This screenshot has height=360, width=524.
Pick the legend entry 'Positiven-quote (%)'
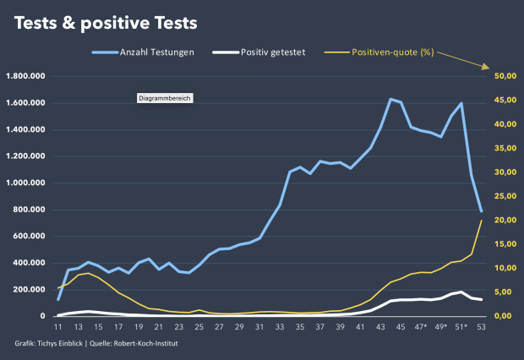[392, 52]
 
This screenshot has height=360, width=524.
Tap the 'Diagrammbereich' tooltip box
[166, 99]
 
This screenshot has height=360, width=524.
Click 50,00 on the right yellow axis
[505, 77]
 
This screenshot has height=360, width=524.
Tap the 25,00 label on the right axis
[505, 196]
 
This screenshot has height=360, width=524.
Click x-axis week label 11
[58, 327]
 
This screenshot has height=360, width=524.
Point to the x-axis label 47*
[421, 327]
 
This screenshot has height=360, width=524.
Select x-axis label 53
[482, 327]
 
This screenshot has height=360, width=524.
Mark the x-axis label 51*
[461, 327]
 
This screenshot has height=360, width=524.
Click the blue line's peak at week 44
[390, 99]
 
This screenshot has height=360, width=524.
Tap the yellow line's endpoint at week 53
[482, 221]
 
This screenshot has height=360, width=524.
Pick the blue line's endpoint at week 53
[482, 212]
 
